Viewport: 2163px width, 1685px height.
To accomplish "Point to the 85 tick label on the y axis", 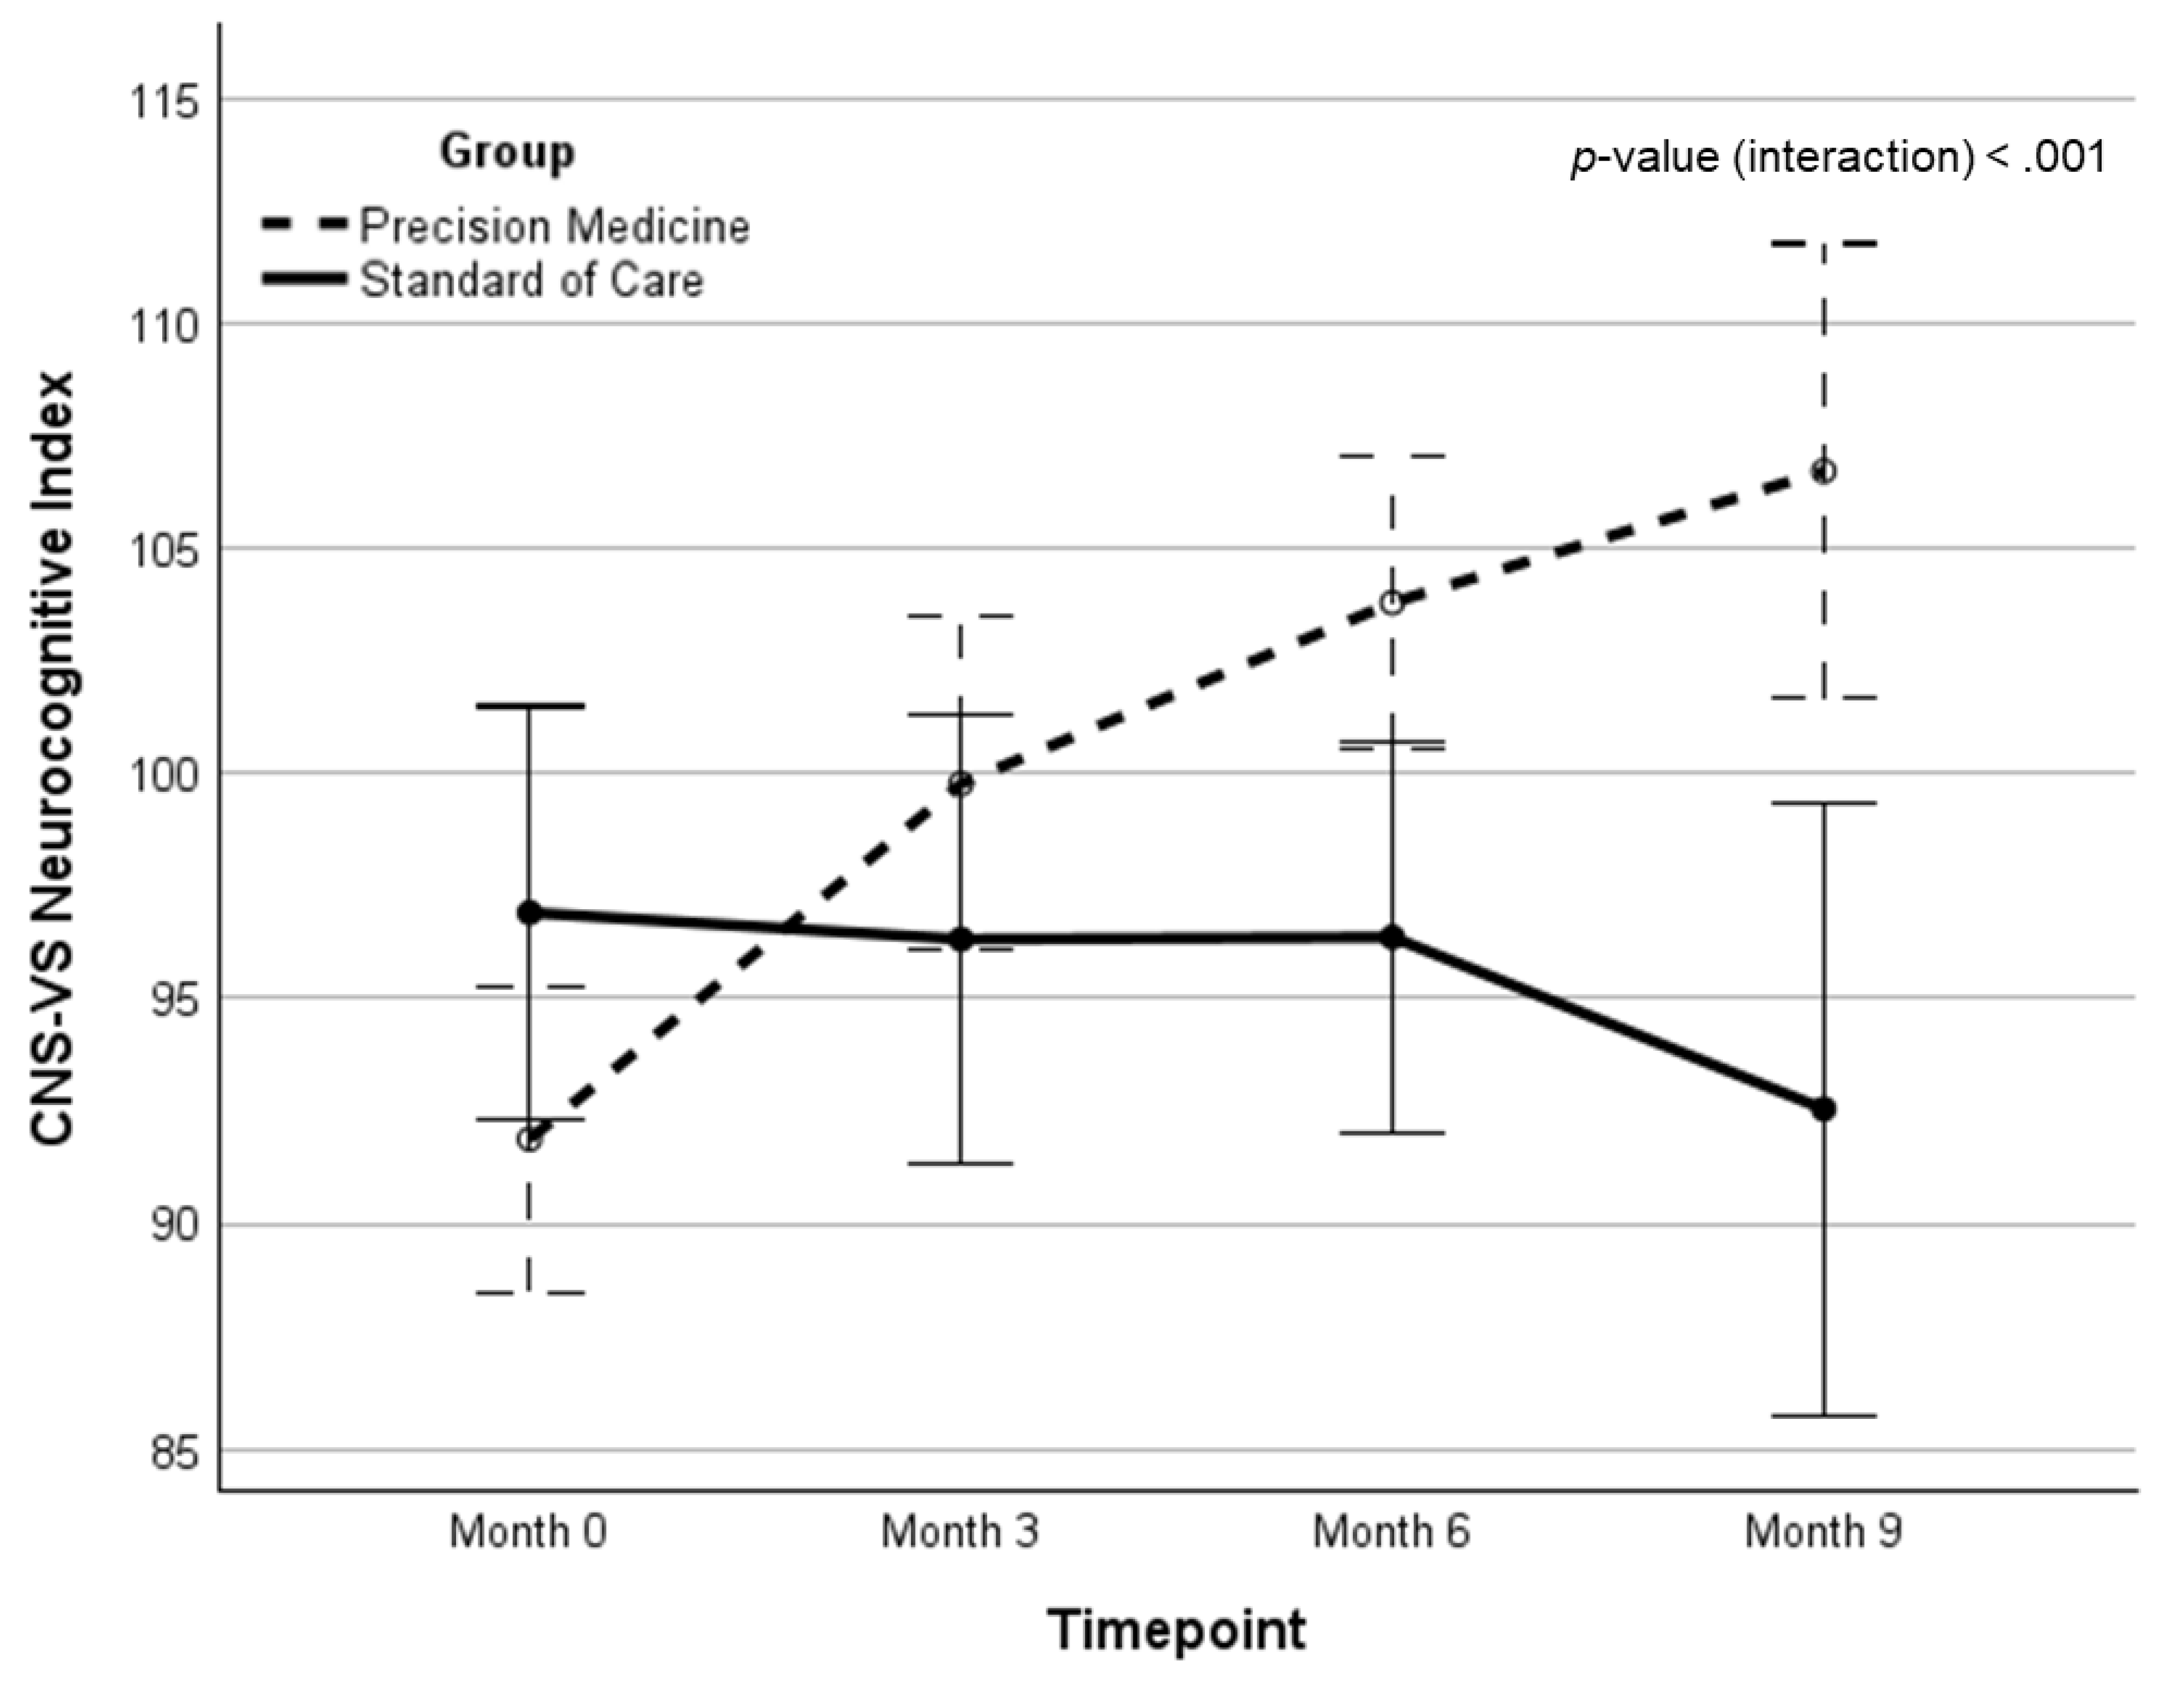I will point(163,1451).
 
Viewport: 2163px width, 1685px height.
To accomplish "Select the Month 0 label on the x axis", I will point(528,1532).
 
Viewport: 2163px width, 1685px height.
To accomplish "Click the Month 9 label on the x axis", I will point(1823,1532).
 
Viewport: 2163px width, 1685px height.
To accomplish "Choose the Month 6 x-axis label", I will point(1391,1532).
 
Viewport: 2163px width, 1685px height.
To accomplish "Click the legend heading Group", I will point(507,152).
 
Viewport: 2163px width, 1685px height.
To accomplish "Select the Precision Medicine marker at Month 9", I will point(1823,471).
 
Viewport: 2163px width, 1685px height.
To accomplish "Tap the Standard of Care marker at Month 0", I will point(530,912).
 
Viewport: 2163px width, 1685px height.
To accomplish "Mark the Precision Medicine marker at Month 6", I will point(1391,602).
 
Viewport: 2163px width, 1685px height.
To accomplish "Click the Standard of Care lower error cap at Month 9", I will point(1823,1417).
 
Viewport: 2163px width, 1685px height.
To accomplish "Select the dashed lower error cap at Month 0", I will point(530,1293).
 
